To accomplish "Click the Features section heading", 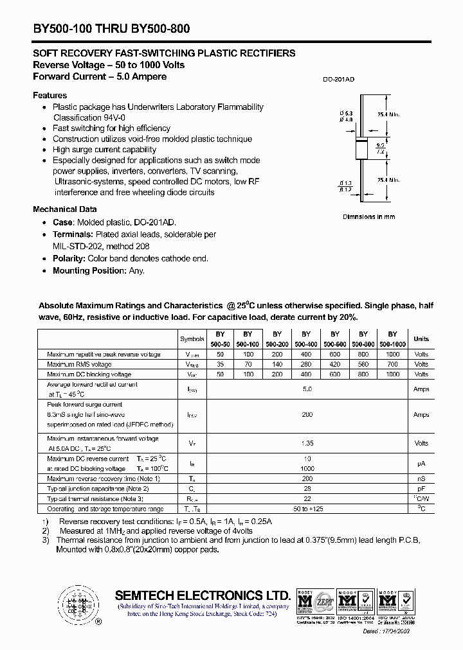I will [50, 95].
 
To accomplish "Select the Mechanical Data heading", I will [65, 209].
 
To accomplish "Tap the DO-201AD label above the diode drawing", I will [338, 80].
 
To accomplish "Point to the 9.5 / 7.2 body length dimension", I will [380, 149].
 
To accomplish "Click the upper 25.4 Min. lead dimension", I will [388, 114].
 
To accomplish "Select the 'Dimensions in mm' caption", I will [368, 217].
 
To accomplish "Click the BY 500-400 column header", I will [305, 339].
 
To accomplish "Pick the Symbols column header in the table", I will [192, 339].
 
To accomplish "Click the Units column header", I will [421, 339].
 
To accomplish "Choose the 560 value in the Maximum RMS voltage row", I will [363, 364].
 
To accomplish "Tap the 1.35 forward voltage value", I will [307, 443].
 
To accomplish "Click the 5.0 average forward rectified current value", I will [307, 389].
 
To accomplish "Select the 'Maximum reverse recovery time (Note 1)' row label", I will [104, 479].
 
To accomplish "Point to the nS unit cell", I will [421, 479].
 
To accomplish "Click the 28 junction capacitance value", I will [307, 489].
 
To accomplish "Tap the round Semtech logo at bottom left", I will [78, 604].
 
